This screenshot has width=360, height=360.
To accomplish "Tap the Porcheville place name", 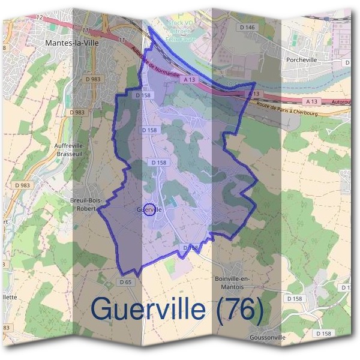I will (305, 60).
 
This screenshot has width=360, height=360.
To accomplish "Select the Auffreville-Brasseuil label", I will (70, 149).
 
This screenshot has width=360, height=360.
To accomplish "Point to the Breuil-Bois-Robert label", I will (87, 204).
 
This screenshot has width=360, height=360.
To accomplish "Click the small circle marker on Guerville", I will (149, 209).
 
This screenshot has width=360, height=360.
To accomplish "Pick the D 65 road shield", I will (125, 282).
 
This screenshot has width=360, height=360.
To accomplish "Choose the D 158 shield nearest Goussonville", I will (323, 334).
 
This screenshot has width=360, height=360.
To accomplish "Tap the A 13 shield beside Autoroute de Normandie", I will (190, 79).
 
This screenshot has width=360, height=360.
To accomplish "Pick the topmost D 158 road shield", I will (143, 95).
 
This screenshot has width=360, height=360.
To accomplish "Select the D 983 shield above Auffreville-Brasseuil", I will (77, 112).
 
